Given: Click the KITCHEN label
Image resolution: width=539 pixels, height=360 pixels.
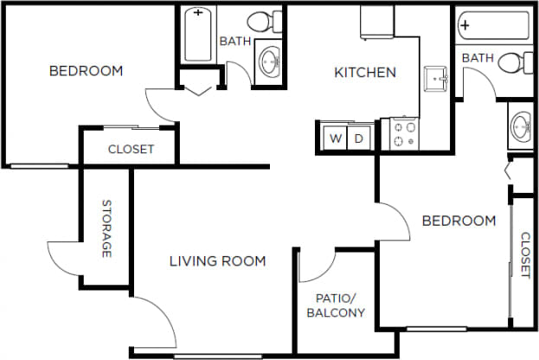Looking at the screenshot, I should coord(365,73).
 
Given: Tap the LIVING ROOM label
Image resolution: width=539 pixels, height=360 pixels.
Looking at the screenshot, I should coord(217,260).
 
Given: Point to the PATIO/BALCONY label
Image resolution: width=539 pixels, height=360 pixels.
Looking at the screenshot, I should coord(335,305).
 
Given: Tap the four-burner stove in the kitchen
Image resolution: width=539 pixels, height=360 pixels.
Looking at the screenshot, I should coord(404,134).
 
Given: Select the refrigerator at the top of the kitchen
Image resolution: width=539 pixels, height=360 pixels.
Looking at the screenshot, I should coord(377,22).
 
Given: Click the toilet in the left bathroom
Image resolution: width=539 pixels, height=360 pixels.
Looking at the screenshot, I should coord(264,21).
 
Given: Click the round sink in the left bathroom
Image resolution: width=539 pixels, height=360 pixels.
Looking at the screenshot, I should coord(270,61).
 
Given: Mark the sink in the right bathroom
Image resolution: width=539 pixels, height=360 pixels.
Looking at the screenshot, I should coord(521,128).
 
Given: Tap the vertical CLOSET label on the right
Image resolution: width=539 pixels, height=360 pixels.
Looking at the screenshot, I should coord(525,254).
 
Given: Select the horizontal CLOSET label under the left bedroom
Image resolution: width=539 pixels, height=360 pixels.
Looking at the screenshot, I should coord(131,149).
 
